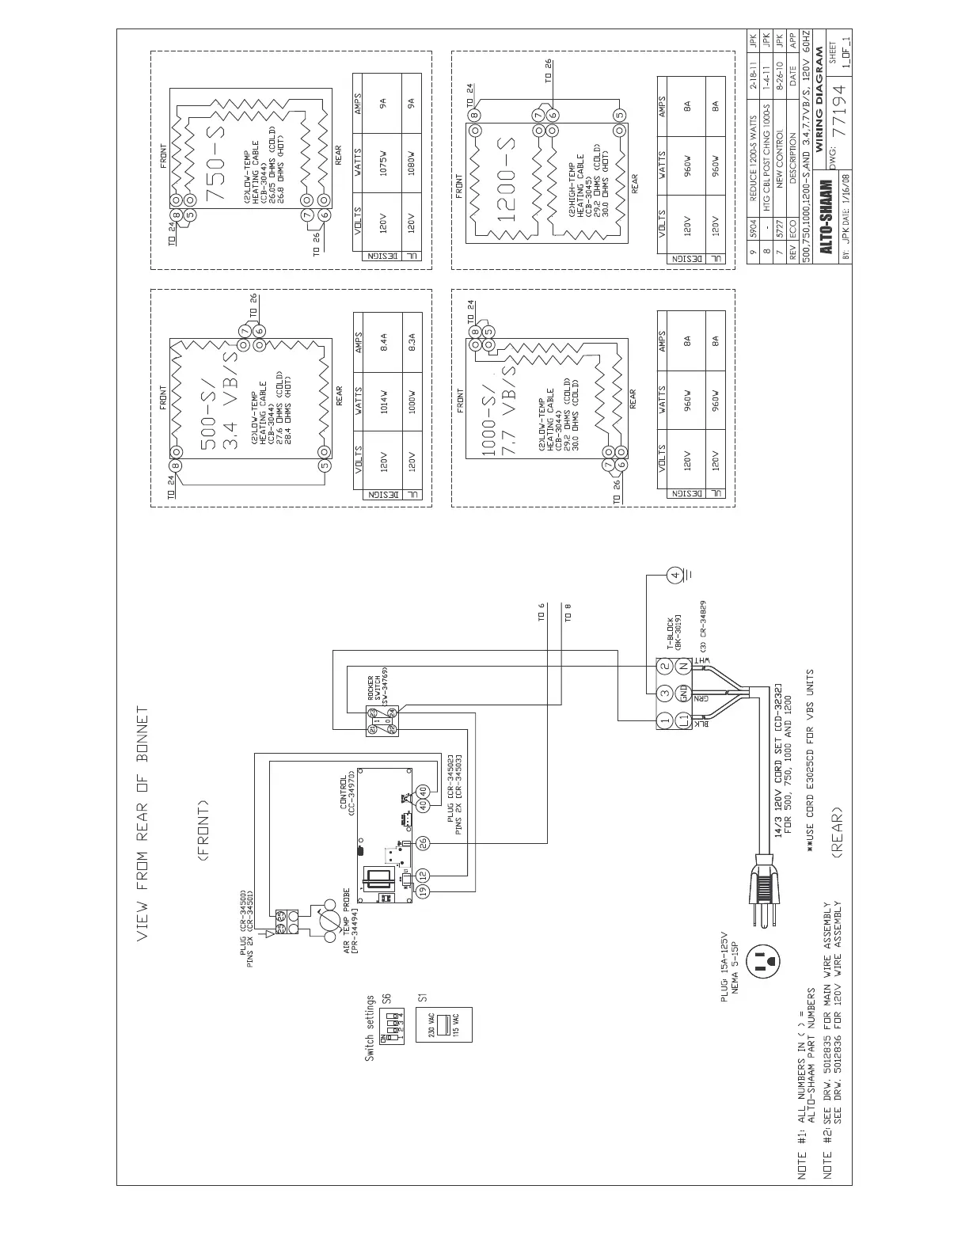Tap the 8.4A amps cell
[384, 341]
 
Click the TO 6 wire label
[542, 614]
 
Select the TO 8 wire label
[568, 614]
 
